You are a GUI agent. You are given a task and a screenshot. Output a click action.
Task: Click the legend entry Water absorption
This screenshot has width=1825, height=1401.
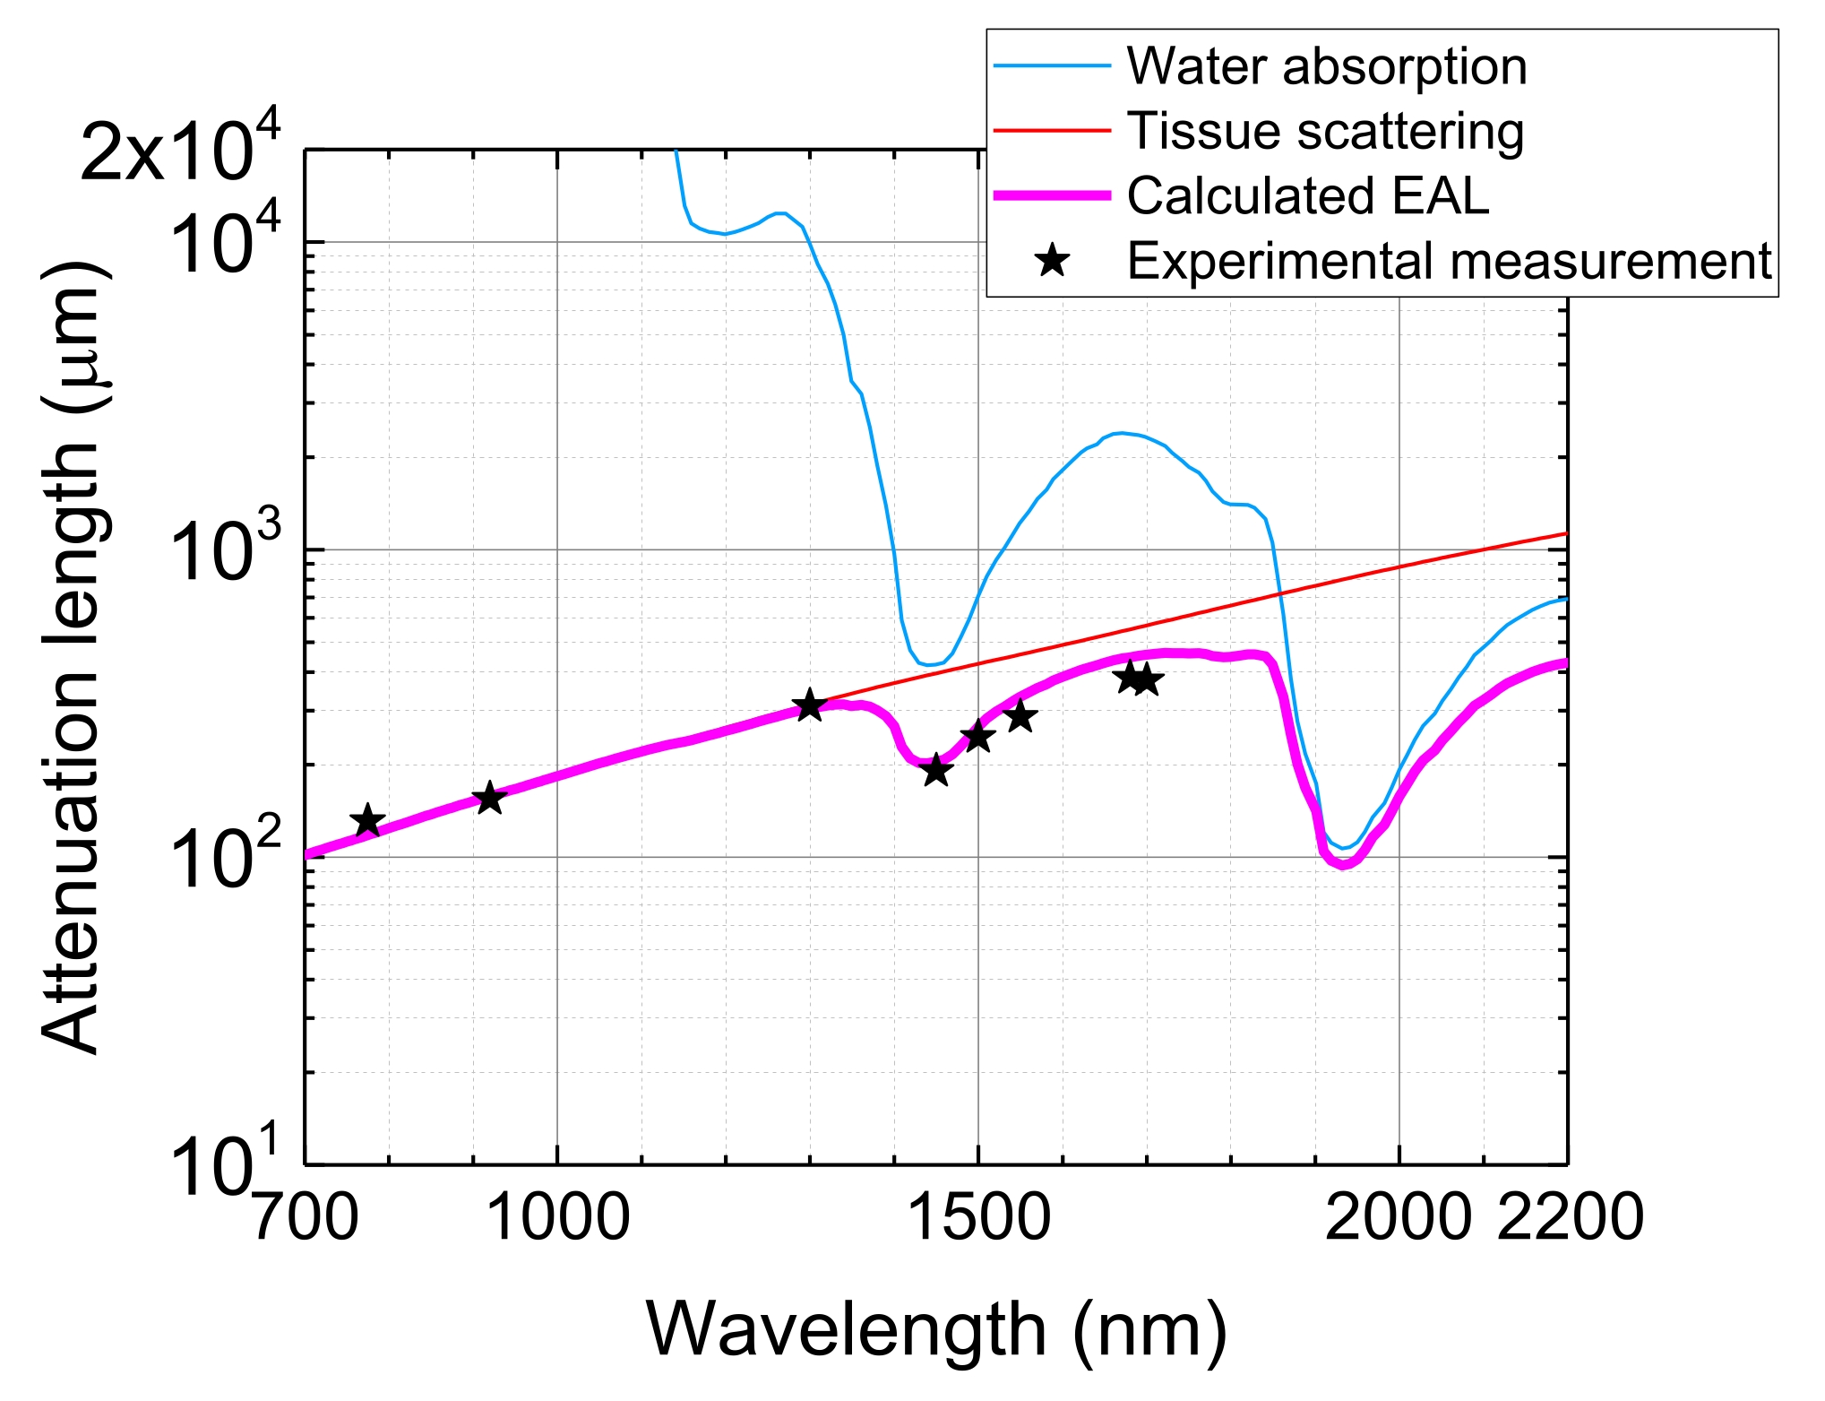coord(1326,66)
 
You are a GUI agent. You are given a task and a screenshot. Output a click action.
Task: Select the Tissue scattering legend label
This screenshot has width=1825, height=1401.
coord(1325,131)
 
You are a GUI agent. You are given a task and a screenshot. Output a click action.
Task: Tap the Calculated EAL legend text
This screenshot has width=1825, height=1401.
coord(1307,195)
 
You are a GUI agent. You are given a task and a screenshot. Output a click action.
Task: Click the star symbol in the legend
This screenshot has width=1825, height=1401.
coord(1053,261)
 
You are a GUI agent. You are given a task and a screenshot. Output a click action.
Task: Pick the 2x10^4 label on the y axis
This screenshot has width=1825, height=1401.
coord(180,148)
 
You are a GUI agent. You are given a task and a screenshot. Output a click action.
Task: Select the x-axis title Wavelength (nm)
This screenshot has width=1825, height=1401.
coord(935,1329)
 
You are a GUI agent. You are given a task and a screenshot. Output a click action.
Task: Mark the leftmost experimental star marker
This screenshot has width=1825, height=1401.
coord(367,820)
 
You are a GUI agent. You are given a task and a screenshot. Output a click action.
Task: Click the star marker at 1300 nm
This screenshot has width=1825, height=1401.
coord(810,705)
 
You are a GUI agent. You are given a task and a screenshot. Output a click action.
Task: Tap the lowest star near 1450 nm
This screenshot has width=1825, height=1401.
coord(936,769)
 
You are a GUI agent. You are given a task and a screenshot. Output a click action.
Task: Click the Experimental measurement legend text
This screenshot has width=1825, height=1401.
coord(1449,261)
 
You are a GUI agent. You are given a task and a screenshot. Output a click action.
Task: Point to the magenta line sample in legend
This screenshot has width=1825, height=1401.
coord(1053,195)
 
